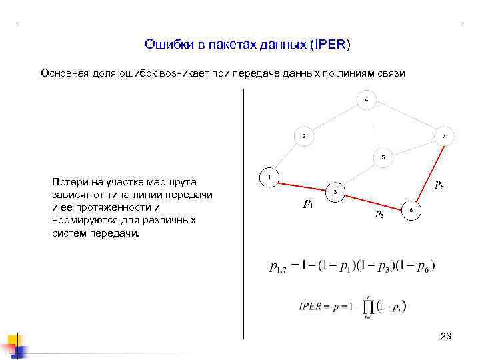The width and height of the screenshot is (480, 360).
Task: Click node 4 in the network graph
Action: [x=366, y=100]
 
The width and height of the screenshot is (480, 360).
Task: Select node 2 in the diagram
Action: [x=304, y=136]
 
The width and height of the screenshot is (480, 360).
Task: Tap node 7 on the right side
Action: [x=444, y=136]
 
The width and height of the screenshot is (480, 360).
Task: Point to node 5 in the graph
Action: [x=383, y=157]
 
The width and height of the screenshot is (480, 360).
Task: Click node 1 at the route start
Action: [x=269, y=178]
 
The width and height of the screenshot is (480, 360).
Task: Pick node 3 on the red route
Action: [x=335, y=192]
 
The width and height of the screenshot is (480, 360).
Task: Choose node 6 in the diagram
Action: [x=411, y=210]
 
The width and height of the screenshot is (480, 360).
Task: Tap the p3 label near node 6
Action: [x=379, y=213]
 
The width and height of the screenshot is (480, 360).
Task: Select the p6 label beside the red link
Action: [x=440, y=185]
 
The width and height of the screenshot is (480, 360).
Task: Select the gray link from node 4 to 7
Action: [x=405, y=118]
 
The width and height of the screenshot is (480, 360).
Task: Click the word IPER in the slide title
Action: [x=331, y=45]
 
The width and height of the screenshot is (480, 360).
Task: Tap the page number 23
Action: [x=446, y=337]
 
